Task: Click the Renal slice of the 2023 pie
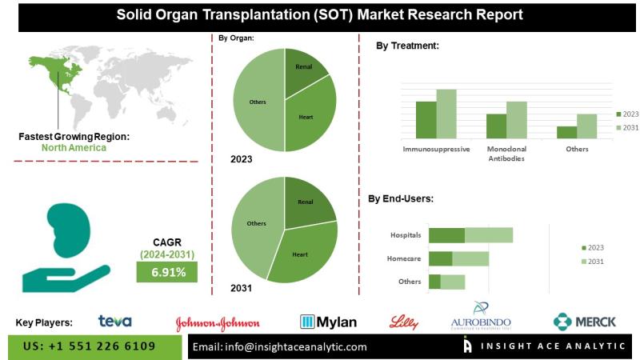coord(304,70)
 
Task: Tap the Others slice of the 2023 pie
coord(258,102)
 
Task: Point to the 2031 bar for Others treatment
coord(587,126)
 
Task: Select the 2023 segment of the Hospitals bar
coord(446,234)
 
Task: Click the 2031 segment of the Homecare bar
coord(470,258)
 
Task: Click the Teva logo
coord(114,322)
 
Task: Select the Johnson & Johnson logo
coord(218,323)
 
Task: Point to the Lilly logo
coord(403,322)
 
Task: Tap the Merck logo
coord(584,322)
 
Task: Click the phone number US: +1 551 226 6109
coord(89,346)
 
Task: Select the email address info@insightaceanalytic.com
coord(280,346)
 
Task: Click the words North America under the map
coord(74,148)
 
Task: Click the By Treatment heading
coord(407,46)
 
